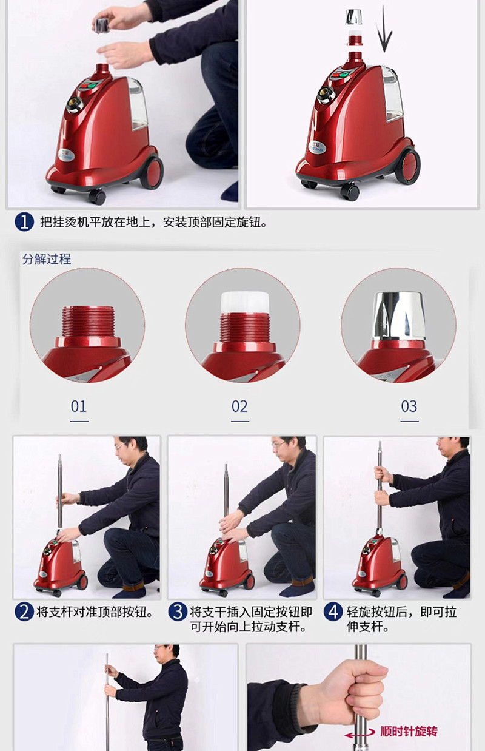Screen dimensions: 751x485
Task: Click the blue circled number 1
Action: pos(24,221)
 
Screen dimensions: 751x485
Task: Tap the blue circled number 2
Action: pos(24,611)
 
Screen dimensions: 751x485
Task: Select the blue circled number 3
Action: pos(177,611)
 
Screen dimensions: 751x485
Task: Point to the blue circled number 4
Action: pos(333,611)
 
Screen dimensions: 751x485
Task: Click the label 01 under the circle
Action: pos(79,406)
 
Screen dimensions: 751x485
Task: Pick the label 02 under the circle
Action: pos(239,406)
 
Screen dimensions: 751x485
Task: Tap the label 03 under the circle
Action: pos(409,406)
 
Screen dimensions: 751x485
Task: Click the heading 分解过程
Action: pos(47,259)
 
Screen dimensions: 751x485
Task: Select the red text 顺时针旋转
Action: pos(408,732)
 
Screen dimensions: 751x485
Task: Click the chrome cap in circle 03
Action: pos(398,314)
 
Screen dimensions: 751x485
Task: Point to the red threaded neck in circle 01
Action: pos(88,321)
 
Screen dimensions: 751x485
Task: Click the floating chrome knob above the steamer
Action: pos(353,18)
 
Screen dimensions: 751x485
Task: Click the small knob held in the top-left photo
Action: pos(104,24)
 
